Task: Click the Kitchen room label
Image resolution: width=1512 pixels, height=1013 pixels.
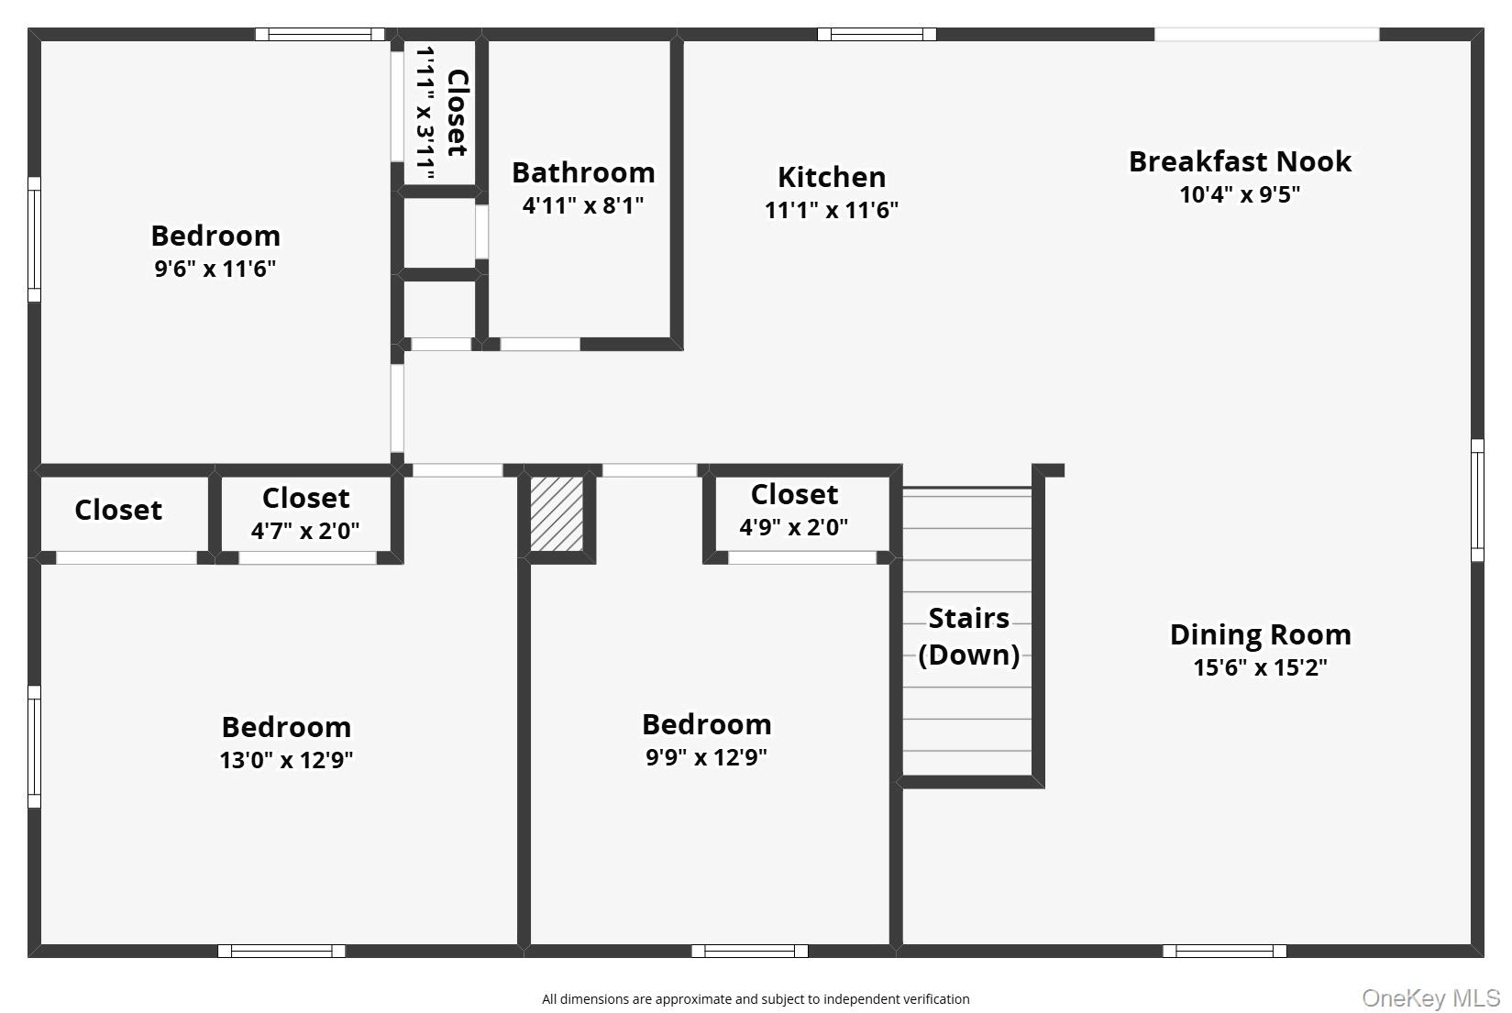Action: coord(831,177)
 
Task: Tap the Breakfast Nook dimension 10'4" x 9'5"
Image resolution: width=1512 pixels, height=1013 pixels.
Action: coord(1239,194)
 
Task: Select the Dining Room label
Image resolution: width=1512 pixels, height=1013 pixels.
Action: coord(1260,634)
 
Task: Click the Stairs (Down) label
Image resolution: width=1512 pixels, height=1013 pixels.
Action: coord(968,636)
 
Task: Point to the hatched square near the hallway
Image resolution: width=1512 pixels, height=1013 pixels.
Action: coord(557,513)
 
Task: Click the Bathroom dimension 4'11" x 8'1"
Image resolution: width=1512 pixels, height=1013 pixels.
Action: coord(583,205)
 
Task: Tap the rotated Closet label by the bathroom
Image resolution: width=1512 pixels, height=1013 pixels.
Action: coord(457,113)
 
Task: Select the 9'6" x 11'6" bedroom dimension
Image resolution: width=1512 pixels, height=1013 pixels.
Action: coord(215,269)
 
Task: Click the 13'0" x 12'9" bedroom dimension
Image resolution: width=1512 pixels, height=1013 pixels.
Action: coord(286,760)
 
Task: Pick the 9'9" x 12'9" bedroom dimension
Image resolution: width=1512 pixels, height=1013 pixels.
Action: coord(706,757)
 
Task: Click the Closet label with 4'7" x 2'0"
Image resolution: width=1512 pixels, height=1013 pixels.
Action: coord(305,498)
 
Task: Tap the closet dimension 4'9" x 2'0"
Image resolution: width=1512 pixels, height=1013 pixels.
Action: coord(793,527)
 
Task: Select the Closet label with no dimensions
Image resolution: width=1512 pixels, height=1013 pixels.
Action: coord(118,510)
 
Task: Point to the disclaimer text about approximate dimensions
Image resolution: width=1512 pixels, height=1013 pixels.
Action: coord(755,999)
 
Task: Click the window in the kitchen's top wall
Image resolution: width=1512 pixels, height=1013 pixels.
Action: coord(877,35)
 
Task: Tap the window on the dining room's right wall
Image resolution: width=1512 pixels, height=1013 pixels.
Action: coord(1477,500)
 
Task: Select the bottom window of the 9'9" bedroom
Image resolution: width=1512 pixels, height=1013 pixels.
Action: coord(749,951)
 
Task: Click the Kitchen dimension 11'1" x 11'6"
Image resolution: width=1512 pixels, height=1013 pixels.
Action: coord(831,210)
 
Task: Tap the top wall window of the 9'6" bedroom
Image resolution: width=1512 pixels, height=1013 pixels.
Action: coord(319,35)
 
